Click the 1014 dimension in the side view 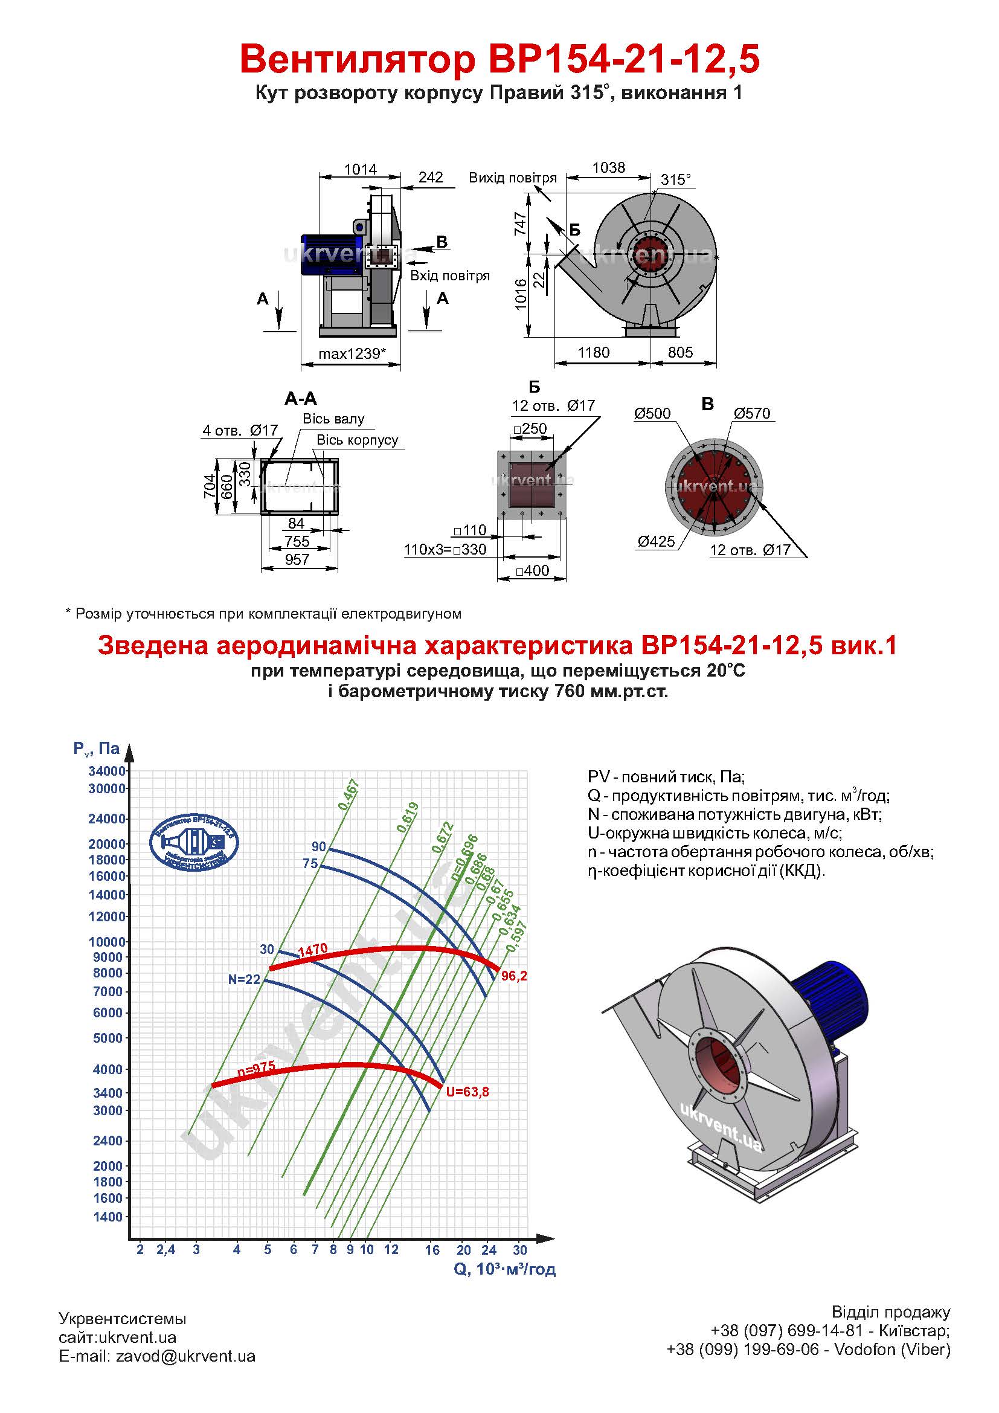click(361, 169)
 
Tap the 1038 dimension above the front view click(608, 167)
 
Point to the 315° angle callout click(675, 179)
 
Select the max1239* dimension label click(353, 353)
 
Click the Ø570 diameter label click(752, 413)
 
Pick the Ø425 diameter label click(657, 541)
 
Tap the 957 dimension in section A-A click(297, 559)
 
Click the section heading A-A click(301, 399)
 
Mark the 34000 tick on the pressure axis click(107, 770)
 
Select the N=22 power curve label click(244, 979)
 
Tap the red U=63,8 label click(467, 1092)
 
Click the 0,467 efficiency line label click(349, 794)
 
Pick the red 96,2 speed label click(514, 976)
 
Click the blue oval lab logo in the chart click(194, 842)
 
